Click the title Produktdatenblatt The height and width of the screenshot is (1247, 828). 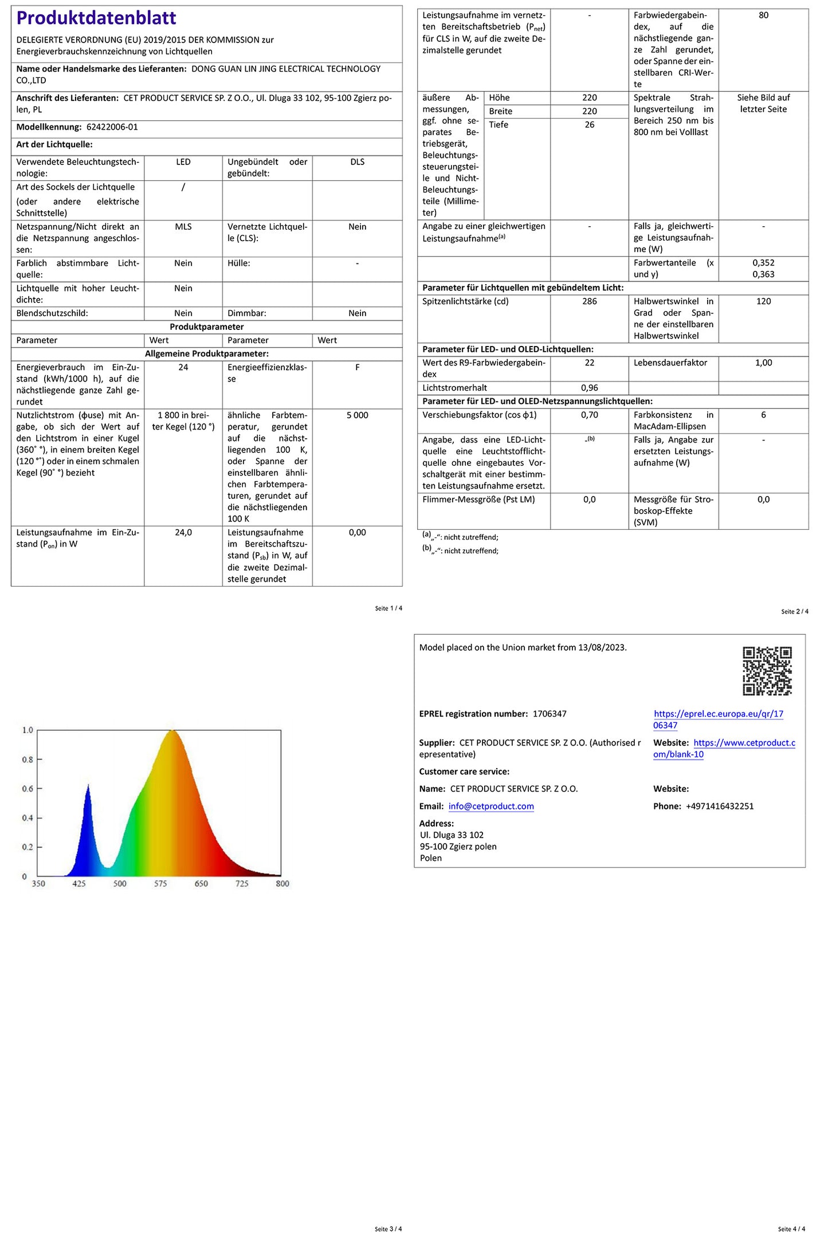[x=96, y=18]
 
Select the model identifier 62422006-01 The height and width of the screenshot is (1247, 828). [x=112, y=127]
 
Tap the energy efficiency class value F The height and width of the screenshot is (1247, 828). [x=357, y=368]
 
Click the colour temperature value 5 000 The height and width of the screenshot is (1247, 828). [x=357, y=415]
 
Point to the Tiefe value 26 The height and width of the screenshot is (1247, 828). [x=589, y=125]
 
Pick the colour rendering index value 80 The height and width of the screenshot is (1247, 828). [x=763, y=15]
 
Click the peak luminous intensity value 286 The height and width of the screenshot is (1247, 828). [x=589, y=301]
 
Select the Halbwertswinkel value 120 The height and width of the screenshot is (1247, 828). [x=763, y=301]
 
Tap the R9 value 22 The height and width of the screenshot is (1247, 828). [x=589, y=363]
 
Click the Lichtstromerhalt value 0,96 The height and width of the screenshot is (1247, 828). [x=589, y=388]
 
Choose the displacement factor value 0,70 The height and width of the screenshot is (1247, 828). [x=589, y=415]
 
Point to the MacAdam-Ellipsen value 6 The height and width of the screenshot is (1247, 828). [x=763, y=415]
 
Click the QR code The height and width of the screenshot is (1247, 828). [x=767, y=671]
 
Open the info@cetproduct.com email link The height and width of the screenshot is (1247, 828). [x=491, y=807]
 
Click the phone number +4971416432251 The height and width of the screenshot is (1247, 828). [x=720, y=807]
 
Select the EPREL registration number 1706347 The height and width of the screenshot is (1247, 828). [x=550, y=714]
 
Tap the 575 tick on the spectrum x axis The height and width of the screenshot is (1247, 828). [x=160, y=884]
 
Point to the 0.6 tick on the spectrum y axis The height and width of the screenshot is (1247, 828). [x=28, y=789]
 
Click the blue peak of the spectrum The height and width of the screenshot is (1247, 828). [x=88, y=788]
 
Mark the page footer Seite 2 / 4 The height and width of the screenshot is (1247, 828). [x=794, y=612]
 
